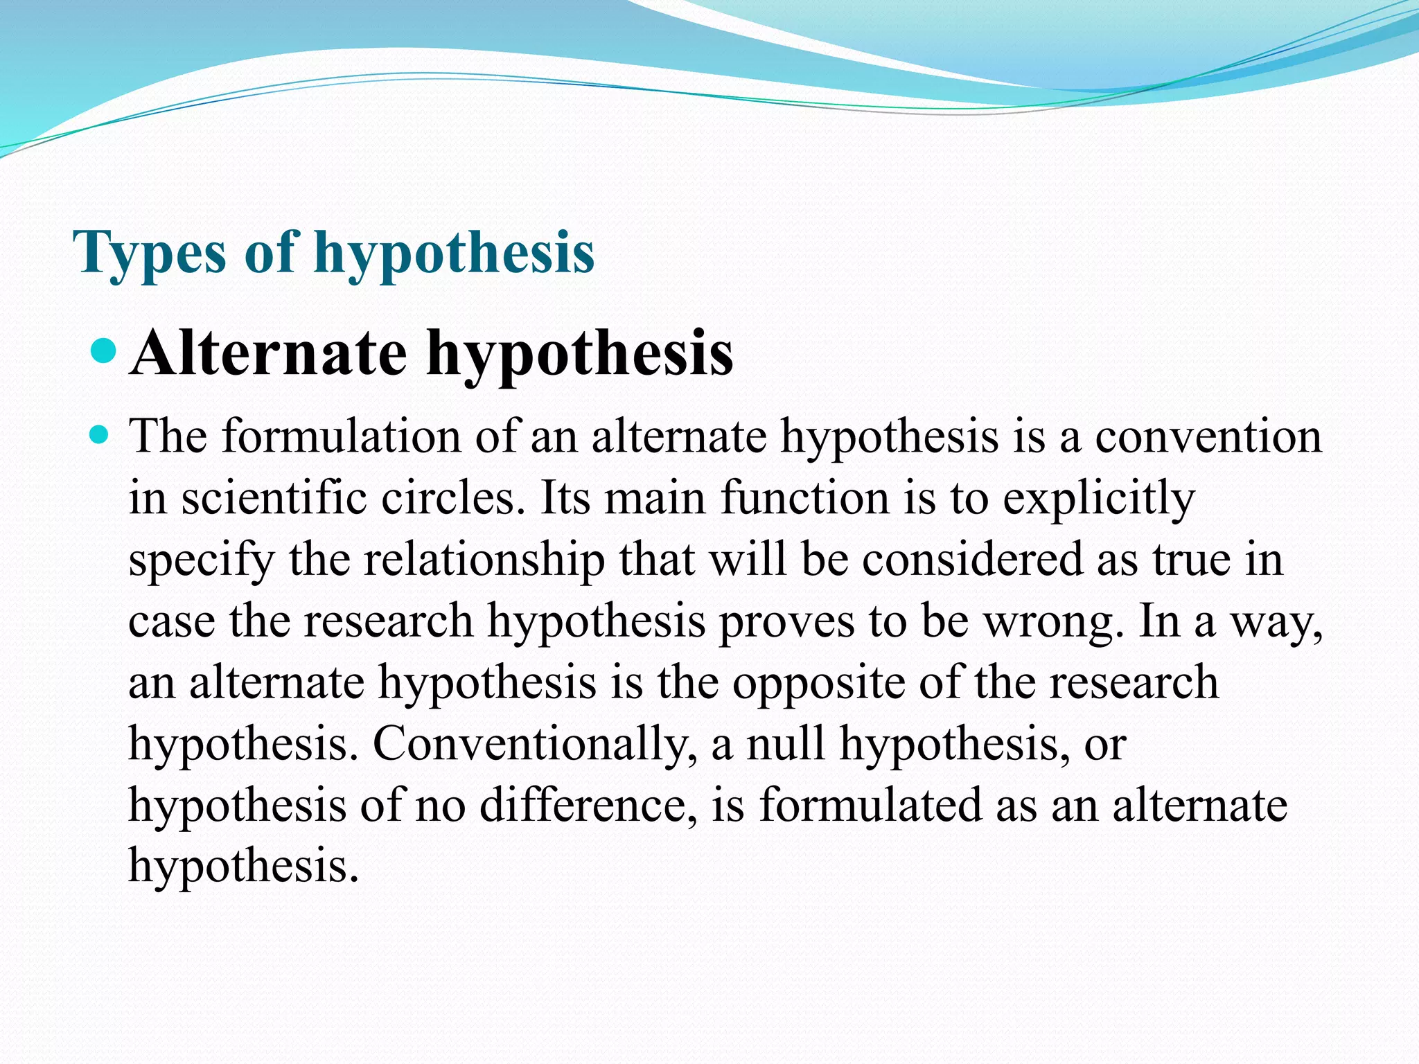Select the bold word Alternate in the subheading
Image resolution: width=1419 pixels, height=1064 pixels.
pos(268,354)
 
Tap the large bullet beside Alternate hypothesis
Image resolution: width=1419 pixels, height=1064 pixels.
pos(105,351)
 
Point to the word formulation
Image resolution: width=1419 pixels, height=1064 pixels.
pos(342,438)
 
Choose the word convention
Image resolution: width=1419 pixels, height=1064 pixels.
pos(1208,438)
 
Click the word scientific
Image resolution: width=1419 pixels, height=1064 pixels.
pos(273,499)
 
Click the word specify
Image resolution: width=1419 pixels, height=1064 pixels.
pos(201,561)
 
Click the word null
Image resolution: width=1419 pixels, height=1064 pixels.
pos(786,744)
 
